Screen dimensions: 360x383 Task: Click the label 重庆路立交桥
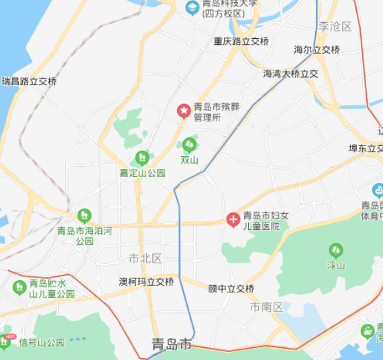[241, 41]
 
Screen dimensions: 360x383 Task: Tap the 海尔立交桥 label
[317, 50]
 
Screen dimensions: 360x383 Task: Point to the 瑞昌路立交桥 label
[29, 81]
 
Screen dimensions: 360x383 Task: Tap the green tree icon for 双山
[190, 144]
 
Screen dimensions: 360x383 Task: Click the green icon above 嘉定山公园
[142, 158]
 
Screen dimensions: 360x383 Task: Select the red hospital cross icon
[233, 219]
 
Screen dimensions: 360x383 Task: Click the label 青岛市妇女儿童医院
[265, 221]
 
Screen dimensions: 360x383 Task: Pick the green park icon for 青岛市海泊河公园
[84, 215]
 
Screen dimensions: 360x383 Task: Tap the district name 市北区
[146, 258]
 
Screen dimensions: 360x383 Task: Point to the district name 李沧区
[335, 27]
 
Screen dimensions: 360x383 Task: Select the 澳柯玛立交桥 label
[146, 282]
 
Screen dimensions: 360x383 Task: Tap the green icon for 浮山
[335, 251]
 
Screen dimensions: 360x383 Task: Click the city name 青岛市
[171, 345]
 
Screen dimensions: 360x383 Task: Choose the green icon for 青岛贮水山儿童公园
[19, 288]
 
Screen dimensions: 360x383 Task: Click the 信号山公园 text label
[42, 343]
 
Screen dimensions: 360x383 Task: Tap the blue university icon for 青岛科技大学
[191, 7]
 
